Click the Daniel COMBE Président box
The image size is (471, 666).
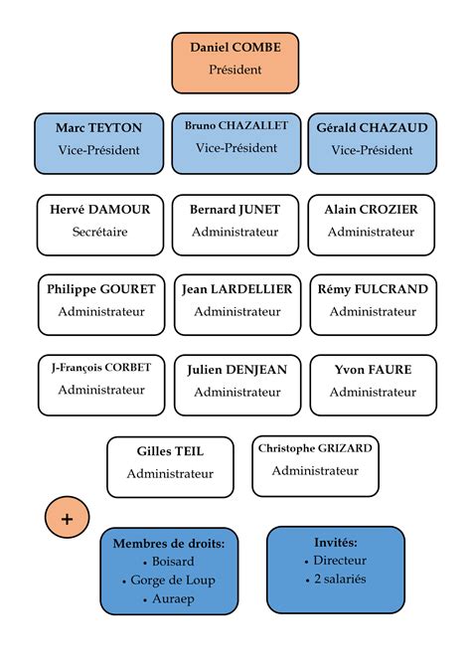[x=235, y=59]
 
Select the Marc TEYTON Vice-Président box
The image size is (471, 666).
[x=98, y=139]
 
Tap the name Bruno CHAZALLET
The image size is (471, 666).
[x=235, y=126]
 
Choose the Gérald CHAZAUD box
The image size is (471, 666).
[x=372, y=139]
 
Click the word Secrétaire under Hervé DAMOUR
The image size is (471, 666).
[x=100, y=232]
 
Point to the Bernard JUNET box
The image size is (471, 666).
[x=235, y=221]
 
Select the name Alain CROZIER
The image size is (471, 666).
[x=372, y=210]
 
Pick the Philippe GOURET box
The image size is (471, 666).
[x=101, y=300]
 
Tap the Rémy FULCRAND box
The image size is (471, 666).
[x=373, y=300]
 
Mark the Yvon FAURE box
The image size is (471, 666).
[x=373, y=380]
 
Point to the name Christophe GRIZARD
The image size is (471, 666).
[x=315, y=448]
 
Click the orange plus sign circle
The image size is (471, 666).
[x=68, y=518]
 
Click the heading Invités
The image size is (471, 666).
[x=335, y=542]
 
